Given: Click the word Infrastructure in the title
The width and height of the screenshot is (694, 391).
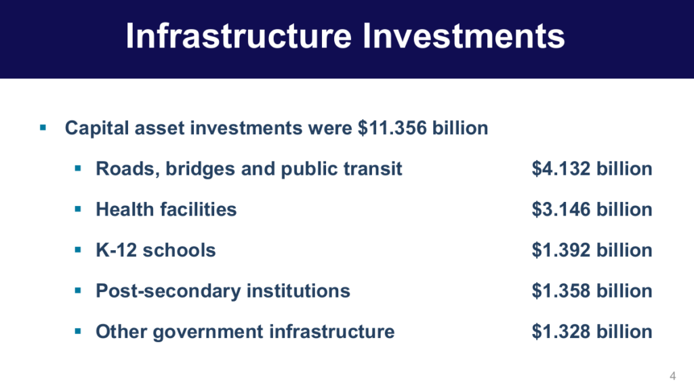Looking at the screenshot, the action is (x=239, y=36).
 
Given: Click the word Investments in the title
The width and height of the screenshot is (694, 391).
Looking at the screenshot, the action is (x=464, y=36).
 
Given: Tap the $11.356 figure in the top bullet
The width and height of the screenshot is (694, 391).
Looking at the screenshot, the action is (x=392, y=128).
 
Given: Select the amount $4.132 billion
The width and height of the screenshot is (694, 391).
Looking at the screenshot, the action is (x=592, y=169).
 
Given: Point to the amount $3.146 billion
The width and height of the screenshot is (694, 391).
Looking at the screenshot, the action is (x=592, y=209).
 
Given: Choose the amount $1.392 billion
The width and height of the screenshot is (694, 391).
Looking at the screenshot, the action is (x=592, y=250).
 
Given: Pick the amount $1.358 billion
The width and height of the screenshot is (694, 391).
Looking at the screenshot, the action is (x=592, y=291).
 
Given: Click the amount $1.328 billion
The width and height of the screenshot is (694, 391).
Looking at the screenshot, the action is (x=592, y=331).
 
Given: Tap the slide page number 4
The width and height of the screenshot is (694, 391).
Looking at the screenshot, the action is (x=673, y=376).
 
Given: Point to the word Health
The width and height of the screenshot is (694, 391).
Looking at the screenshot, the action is (x=125, y=209).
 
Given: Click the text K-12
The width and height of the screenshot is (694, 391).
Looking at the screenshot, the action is (x=117, y=250).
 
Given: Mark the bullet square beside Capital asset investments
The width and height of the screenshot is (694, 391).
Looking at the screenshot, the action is (x=43, y=128).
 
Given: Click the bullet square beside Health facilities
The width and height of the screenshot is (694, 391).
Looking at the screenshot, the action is (x=78, y=209).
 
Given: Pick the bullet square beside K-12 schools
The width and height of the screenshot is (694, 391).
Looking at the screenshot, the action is (x=78, y=250).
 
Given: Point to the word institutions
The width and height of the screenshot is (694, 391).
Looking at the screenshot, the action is (x=298, y=291).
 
